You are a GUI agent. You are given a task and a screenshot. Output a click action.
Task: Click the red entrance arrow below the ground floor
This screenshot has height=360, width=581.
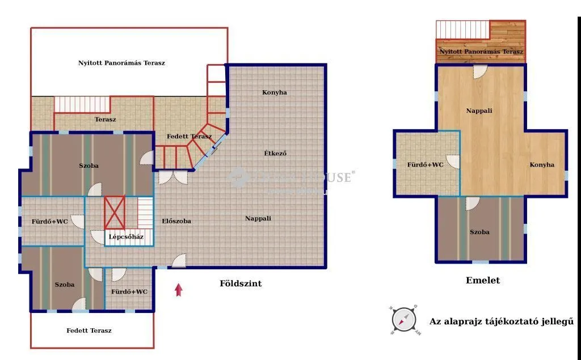tap(179, 290)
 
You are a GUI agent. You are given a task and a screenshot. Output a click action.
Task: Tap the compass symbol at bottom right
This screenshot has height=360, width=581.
tap(405, 320)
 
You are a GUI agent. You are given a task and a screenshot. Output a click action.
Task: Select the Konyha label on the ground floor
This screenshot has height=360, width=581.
tap(275, 92)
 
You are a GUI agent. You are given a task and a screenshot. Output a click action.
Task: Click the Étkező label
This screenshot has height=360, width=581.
tap(275, 153)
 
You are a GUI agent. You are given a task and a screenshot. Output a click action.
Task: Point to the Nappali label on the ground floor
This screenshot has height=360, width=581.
tap(258, 218)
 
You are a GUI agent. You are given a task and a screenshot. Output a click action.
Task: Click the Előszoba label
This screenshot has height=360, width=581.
tap(176, 221)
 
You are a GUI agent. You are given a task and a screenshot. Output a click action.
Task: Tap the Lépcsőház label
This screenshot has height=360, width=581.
tap(126, 237)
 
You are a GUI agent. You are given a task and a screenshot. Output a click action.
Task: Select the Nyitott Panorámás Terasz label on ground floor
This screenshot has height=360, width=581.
tap(121, 63)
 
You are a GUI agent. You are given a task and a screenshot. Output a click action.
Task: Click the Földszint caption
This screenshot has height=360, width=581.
tap(241, 283)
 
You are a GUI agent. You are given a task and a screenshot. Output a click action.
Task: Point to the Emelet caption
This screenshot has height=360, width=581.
tap(483, 281)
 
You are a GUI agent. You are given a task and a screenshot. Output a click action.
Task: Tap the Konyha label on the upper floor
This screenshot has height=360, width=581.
tap(542, 165)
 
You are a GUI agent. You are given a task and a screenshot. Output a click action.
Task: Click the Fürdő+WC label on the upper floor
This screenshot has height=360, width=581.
tap(425, 165)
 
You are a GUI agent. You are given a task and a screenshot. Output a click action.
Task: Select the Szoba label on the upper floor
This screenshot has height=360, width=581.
tap(479, 232)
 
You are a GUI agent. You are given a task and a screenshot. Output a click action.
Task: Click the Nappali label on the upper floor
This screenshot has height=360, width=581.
tap(479, 111)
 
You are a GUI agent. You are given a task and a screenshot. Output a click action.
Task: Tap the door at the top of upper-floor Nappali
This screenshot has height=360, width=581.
tap(480, 71)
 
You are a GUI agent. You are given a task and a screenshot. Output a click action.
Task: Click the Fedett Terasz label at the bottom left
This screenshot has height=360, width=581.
tap(89, 331)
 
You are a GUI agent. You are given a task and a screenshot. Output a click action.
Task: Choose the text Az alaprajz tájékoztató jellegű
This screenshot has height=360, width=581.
tap(501, 321)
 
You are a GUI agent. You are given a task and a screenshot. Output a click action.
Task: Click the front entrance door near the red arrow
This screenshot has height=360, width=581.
tap(179, 261)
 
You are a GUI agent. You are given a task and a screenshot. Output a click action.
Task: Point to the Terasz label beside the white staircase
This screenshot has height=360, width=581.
tap(105, 120)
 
